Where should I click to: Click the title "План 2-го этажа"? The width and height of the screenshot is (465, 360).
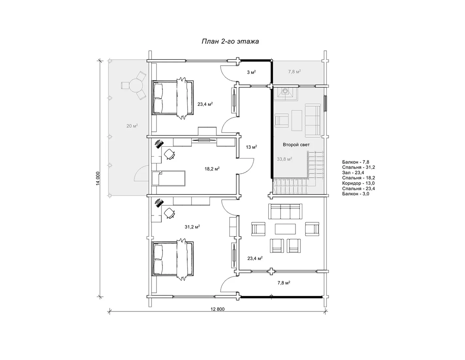230,41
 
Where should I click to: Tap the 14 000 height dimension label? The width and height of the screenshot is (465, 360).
98,178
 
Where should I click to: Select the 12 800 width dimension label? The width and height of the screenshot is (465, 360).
217,309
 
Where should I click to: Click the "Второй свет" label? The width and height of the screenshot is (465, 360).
296,145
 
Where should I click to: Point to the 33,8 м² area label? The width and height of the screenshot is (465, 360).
284,159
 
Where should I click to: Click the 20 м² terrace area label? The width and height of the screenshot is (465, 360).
132,126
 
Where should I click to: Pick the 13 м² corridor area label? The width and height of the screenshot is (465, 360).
251,147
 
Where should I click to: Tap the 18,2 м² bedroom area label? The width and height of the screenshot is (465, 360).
212,169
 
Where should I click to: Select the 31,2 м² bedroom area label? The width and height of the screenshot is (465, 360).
192,227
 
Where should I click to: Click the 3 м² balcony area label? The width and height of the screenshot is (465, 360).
251,72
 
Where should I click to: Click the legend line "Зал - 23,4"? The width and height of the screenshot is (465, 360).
353,172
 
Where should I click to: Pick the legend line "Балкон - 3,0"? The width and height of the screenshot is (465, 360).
356,194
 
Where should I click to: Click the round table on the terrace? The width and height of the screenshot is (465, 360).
136,85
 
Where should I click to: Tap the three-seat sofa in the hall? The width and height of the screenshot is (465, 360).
285,211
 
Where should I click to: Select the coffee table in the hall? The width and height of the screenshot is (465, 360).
285,229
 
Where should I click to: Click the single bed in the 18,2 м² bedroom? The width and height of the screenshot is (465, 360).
168,178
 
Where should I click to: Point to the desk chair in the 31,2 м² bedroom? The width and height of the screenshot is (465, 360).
169,213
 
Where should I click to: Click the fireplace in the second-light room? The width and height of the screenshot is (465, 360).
285,93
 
